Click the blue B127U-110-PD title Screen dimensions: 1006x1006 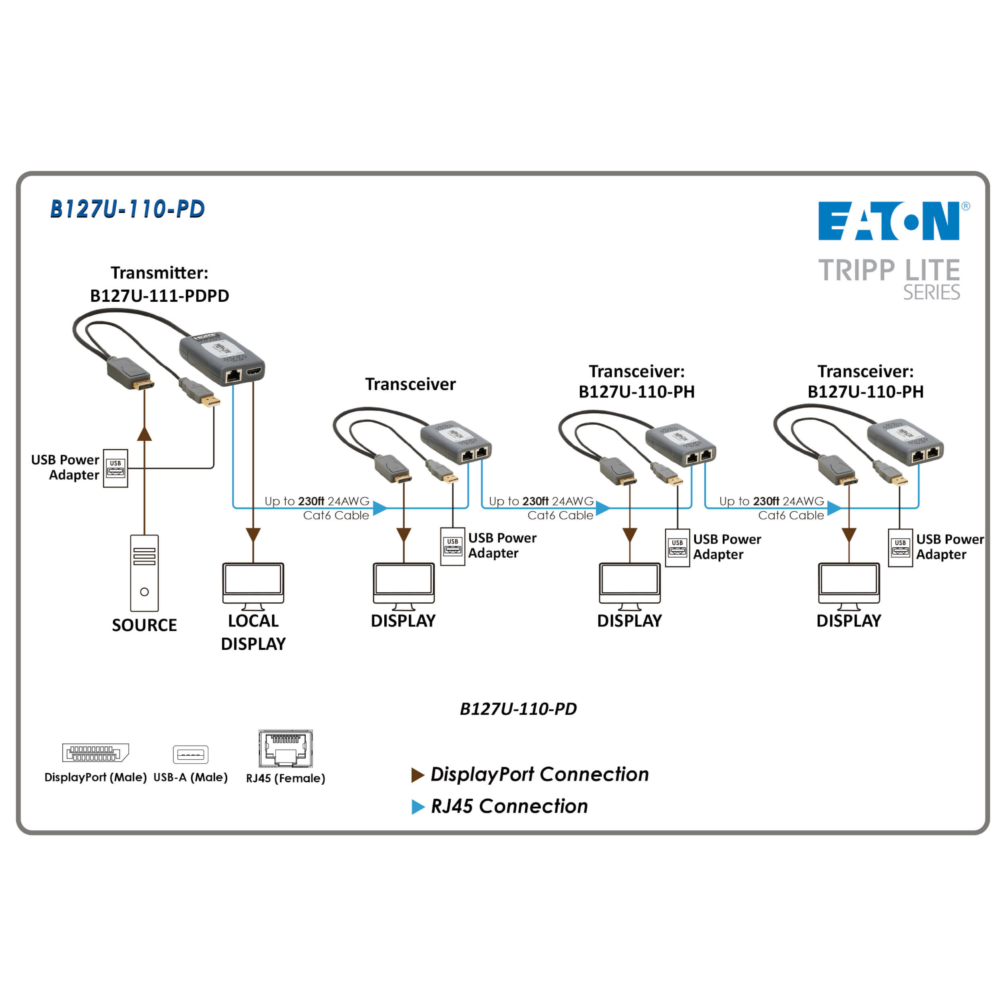(127, 209)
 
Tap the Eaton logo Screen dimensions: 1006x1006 (888, 221)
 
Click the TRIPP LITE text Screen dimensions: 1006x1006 (888, 270)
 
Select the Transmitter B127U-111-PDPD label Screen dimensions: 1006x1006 (159, 284)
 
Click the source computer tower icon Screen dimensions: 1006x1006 (144, 573)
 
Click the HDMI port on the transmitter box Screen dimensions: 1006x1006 (254, 371)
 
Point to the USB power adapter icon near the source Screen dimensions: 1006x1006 (115, 468)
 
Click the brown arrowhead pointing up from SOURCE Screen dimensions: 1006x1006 (144, 434)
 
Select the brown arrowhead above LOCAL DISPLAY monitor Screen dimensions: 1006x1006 (253, 534)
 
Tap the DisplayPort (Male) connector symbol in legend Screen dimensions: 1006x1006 (95, 753)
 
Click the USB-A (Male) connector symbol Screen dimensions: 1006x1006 (191, 754)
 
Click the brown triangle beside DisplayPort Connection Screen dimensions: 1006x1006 (417, 775)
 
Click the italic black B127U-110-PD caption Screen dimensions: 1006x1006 (518, 709)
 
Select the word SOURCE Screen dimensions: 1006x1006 (144, 625)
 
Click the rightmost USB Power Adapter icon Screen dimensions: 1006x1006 (900, 548)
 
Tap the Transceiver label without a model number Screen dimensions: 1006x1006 (410, 384)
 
